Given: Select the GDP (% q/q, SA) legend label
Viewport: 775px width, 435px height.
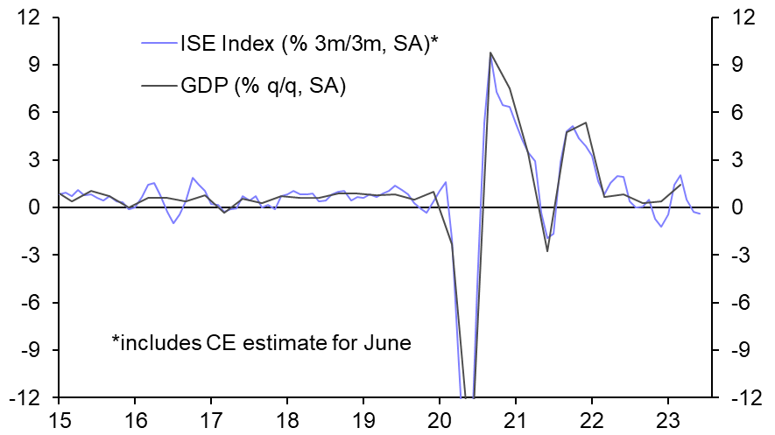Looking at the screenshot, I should tap(264, 86).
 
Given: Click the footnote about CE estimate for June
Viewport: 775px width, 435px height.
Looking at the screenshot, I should tap(261, 342).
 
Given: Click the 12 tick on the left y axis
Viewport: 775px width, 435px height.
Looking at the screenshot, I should tap(35, 18).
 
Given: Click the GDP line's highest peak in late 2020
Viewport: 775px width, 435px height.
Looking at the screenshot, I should tap(490, 53).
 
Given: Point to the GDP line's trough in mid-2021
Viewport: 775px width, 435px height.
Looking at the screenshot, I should tap(547, 251).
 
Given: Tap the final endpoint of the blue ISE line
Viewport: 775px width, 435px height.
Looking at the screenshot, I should tap(700, 214).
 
